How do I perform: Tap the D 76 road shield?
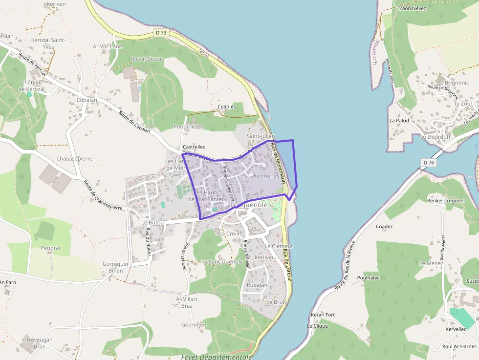pos(428,162)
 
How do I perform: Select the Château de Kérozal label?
pos(31,85)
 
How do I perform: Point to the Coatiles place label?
pos(226,106)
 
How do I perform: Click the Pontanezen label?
pos(188,127)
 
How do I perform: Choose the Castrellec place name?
pos(194,147)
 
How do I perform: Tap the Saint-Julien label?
pos(261,136)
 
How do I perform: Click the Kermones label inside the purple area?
pos(266,175)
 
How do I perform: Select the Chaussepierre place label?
pos(74,159)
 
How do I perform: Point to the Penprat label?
pos(51,248)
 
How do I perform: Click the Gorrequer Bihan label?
pos(116,267)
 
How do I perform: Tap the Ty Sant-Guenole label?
pos(222,262)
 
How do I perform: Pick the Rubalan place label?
pos(258,285)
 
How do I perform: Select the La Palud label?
pos(399,120)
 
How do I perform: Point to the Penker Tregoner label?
pos(446,200)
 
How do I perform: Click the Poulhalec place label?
pos(369,277)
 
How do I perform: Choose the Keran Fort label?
pos(323,315)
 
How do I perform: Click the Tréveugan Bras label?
pos(36,343)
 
